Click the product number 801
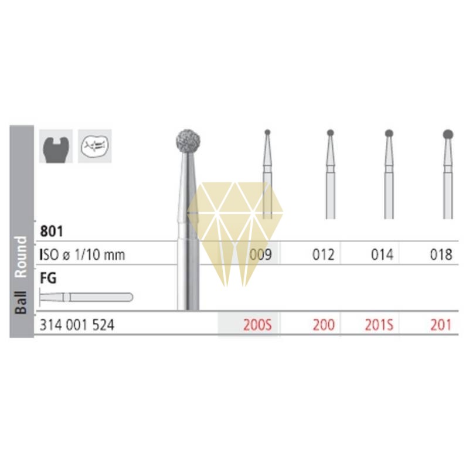(x=52, y=231)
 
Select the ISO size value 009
(x=260, y=255)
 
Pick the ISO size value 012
(x=324, y=255)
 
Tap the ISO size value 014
(x=382, y=255)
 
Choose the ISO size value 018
(x=441, y=255)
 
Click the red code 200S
(x=257, y=325)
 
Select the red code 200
(x=324, y=325)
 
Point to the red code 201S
(x=379, y=325)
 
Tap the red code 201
(x=441, y=325)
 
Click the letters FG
(x=48, y=278)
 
